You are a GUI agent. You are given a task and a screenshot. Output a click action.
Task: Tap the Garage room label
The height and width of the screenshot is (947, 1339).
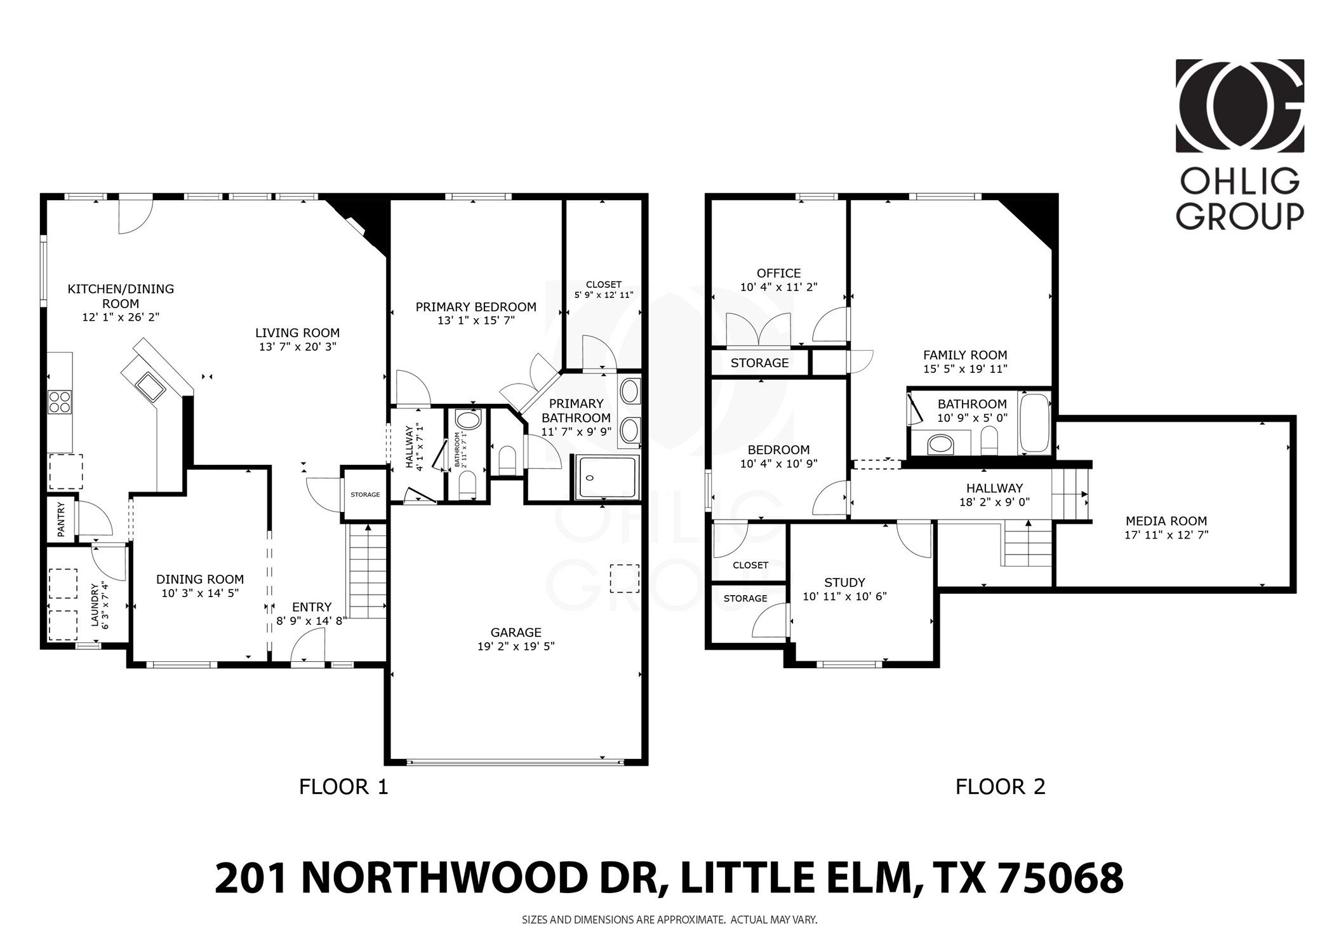516,633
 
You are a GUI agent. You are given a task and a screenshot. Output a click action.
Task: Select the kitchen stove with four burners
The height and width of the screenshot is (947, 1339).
60,402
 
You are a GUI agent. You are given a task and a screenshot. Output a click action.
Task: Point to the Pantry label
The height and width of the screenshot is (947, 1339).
62,519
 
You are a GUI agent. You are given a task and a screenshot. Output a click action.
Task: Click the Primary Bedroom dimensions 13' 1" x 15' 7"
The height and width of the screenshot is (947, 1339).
476,321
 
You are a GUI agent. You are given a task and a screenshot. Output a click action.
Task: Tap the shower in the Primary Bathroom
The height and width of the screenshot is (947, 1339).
606,477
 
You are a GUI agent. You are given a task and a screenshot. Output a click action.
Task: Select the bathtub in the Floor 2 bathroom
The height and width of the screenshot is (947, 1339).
1034,424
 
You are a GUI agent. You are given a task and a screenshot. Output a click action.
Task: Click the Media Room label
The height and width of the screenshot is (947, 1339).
1166,521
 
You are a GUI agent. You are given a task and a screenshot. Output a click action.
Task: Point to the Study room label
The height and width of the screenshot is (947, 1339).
844,582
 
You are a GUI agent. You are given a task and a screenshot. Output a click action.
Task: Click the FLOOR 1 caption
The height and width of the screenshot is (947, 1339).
343,787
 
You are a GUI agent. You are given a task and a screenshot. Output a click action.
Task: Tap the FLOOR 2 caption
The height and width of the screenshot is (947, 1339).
1000,787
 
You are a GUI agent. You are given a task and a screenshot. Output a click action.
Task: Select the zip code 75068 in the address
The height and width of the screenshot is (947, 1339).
1061,878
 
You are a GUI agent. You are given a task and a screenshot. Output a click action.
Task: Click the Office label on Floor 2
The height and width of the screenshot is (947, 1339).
778,273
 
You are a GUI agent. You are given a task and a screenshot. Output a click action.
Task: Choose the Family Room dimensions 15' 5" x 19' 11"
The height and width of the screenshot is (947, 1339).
965,368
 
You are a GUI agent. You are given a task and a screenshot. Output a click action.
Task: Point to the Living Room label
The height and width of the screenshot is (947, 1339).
297,333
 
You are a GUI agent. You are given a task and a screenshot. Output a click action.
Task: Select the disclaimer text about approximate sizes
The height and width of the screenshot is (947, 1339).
669,919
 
